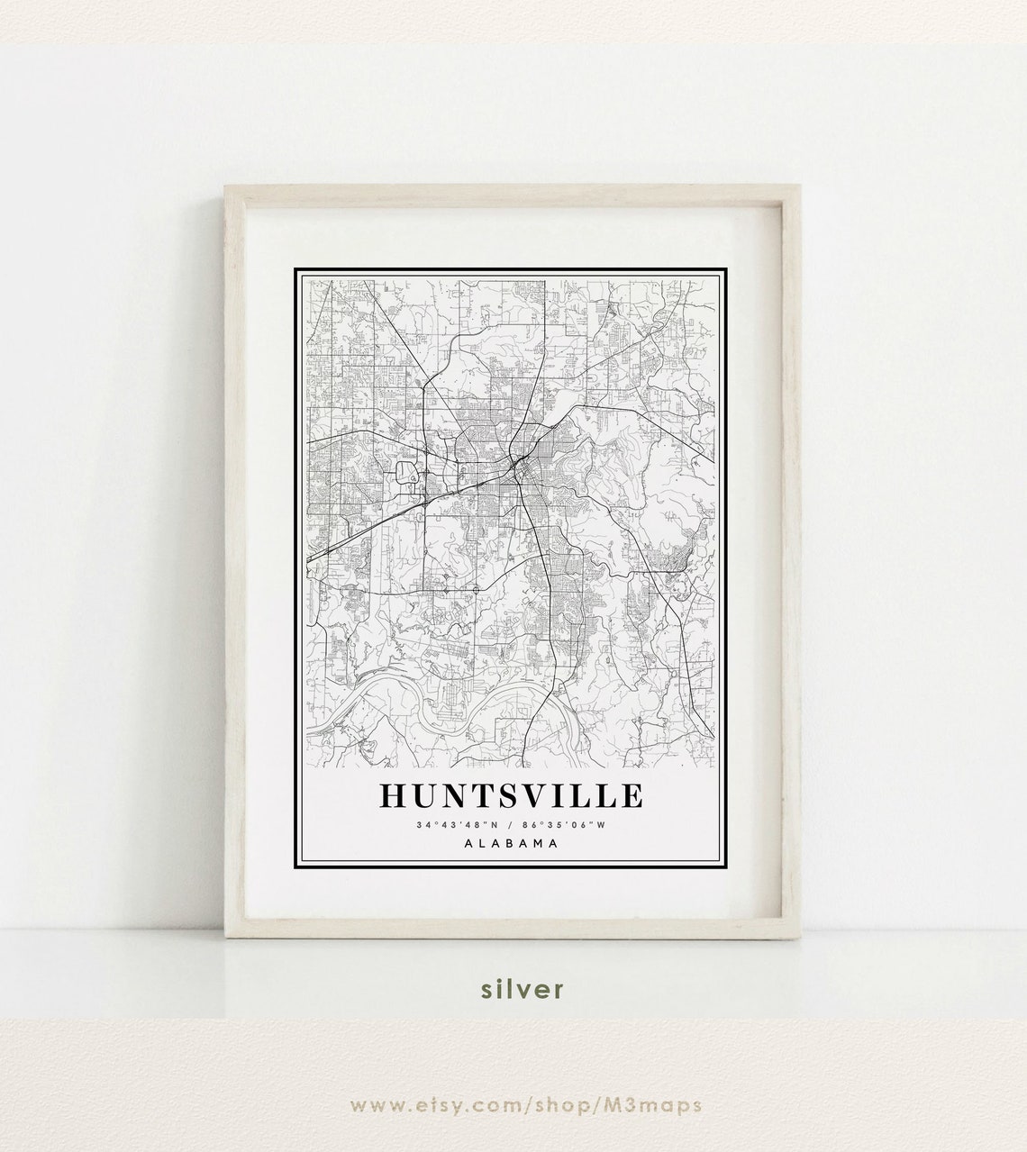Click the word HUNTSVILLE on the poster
[x=512, y=796]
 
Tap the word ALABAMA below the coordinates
[x=511, y=843]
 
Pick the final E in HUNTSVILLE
[x=633, y=796]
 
